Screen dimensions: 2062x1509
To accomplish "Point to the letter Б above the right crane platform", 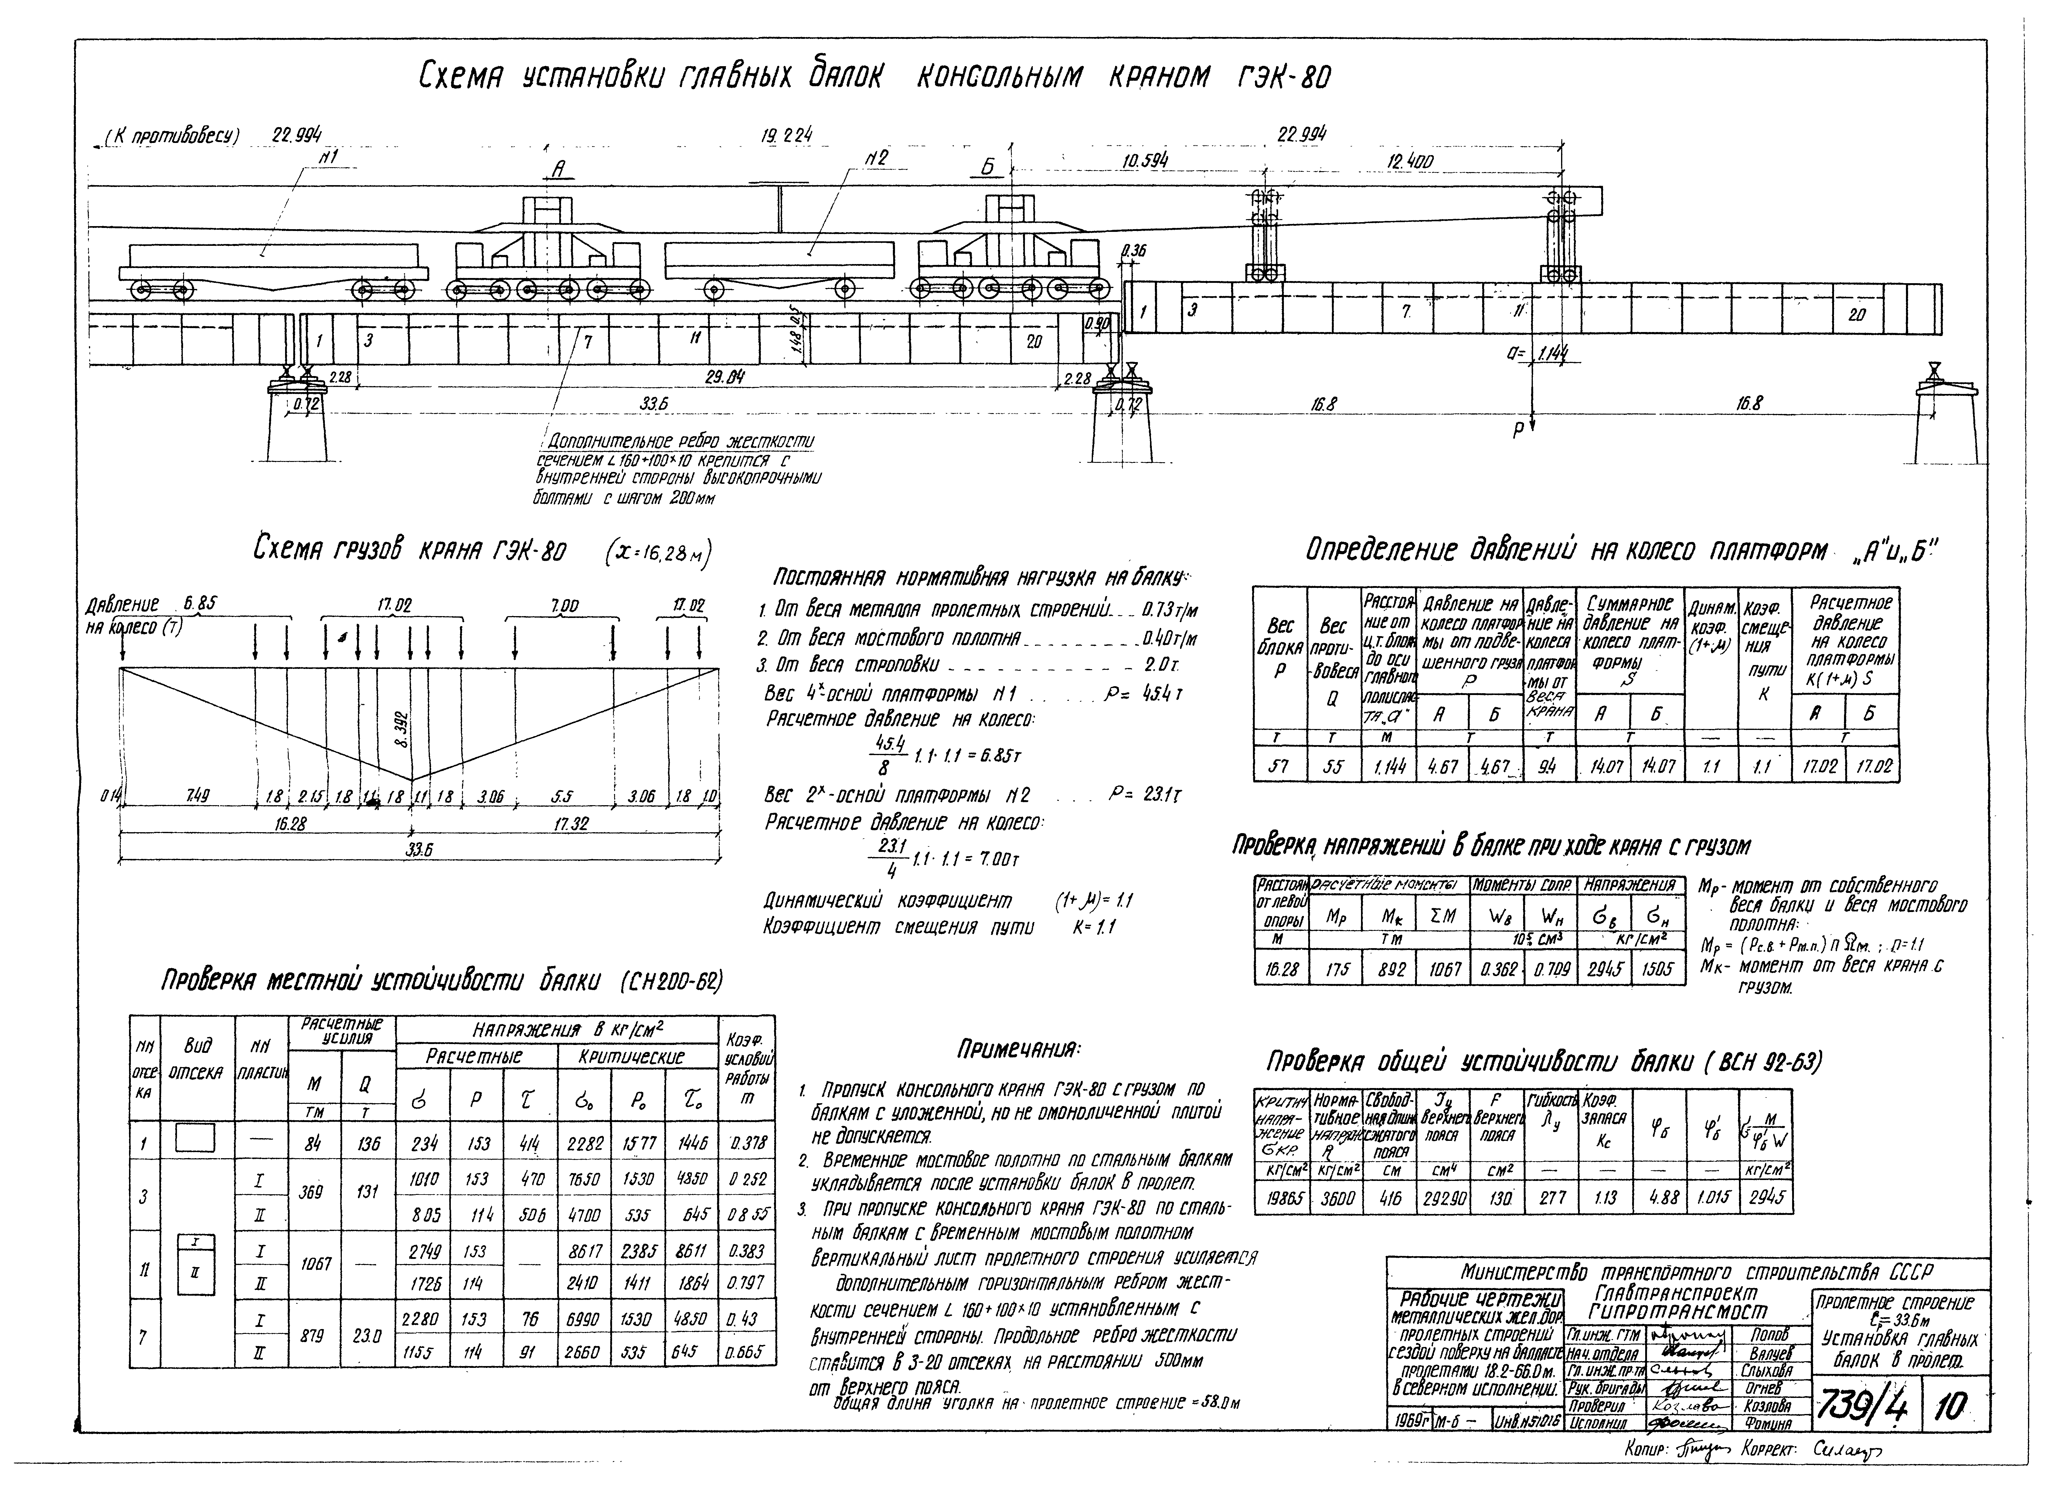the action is click(987, 169).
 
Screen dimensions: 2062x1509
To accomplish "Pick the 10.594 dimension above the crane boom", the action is click(1145, 162).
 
